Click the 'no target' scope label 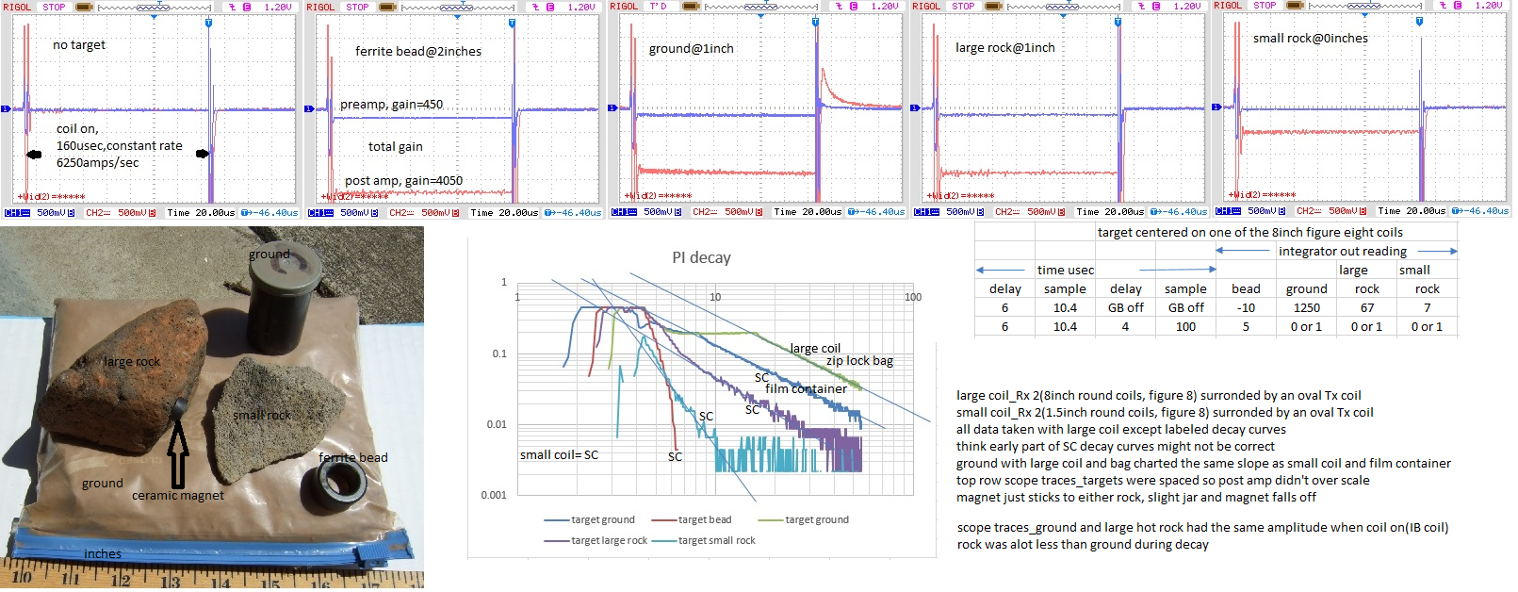79,45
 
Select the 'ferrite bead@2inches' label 417,52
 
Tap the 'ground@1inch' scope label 691,49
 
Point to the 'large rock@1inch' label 1004,48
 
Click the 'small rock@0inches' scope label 1310,39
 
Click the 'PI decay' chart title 701,257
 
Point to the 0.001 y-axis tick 494,495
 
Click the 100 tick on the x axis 912,297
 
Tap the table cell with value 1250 1306,308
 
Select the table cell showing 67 1366,308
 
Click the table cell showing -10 1246,308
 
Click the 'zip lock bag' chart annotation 859,361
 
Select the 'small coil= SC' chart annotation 559,455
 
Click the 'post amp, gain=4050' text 403,181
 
